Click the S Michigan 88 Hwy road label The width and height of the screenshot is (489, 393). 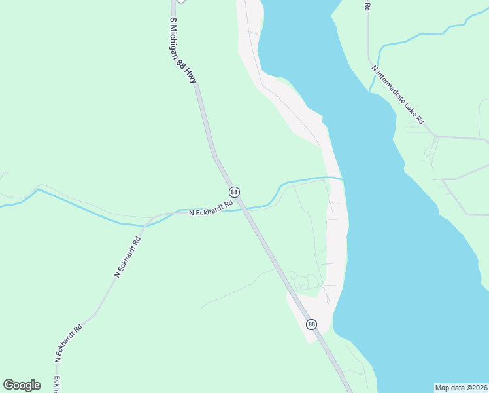pyautogui.click(x=183, y=50)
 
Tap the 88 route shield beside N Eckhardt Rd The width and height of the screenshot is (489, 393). pyautogui.click(x=234, y=192)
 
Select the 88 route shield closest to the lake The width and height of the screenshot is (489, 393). pyautogui.click(x=311, y=324)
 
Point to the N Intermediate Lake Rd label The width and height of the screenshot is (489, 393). pyautogui.click(x=397, y=94)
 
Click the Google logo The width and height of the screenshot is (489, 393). pyautogui.click(x=22, y=385)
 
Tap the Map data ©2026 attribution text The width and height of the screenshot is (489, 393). pyautogui.click(x=461, y=388)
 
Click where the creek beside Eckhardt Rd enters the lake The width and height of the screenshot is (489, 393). pyautogui.click(x=343, y=179)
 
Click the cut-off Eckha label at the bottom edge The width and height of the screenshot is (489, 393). pyautogui.click(x=57, y=384)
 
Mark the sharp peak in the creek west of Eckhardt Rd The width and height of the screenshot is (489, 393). pyautogui.click(x=39, y=189)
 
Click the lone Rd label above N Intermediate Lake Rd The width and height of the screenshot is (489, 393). pyautogui.click(x=367, y=6)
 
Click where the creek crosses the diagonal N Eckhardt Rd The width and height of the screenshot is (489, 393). pyautogui.click(x=145, y=226)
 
